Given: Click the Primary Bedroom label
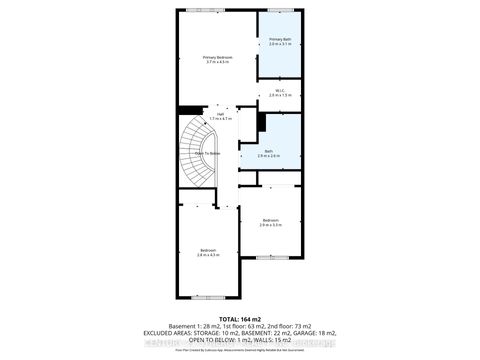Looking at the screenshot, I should coord(217,56).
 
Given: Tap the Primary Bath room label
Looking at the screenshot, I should coord(280,39).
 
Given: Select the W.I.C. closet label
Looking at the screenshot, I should coord(281,90).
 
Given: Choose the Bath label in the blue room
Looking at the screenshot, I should coord(268,151).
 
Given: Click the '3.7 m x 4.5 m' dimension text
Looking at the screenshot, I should coord(217,62).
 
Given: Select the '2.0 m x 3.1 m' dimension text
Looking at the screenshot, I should coord(280,45).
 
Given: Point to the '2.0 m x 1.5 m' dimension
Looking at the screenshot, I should coord(281,96).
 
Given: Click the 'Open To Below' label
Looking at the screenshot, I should coord(207,152).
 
